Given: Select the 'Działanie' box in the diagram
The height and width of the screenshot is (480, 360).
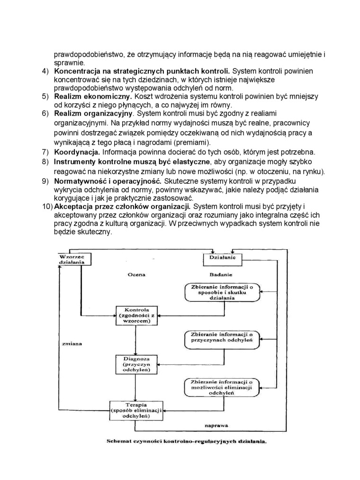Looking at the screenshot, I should (x=223, y=259).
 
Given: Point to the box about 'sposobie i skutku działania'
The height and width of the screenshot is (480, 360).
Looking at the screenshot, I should (x=222, y=292).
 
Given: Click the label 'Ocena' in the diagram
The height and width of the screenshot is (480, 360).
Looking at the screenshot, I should (x=136, y=274).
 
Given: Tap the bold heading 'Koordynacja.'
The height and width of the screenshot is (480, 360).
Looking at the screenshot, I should (x=77, y=152).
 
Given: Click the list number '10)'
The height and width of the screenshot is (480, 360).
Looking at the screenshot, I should (x=46, y=207).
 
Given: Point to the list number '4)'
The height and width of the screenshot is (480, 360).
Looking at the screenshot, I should (x=45, y=71).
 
